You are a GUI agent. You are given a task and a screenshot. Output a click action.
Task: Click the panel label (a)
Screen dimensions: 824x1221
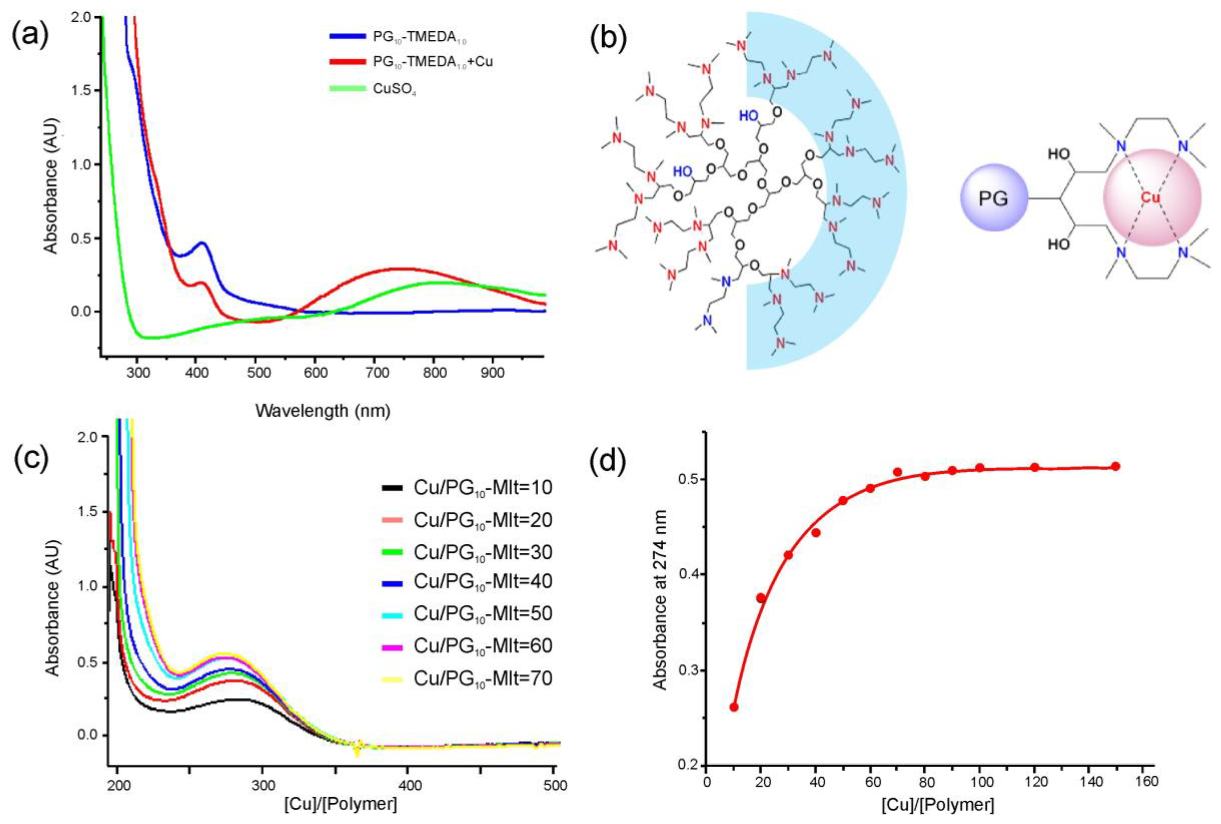pos(30,36)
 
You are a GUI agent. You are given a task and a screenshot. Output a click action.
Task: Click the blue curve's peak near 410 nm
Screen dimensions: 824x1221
pos(202,243)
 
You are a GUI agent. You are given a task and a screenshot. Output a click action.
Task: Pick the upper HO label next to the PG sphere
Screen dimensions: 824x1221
pos(1059,154)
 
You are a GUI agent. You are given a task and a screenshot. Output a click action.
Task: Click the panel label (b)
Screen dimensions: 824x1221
pos(608,36)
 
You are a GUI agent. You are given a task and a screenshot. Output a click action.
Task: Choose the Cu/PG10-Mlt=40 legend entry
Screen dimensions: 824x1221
pos(482,581)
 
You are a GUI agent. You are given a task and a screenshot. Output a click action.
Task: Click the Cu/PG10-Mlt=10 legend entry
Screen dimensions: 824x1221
pos(482,488)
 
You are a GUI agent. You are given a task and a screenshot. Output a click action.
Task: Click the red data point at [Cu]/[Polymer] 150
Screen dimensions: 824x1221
pos(1115,466)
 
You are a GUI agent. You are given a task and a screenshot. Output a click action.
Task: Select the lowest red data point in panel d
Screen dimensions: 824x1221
pos(734,707)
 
